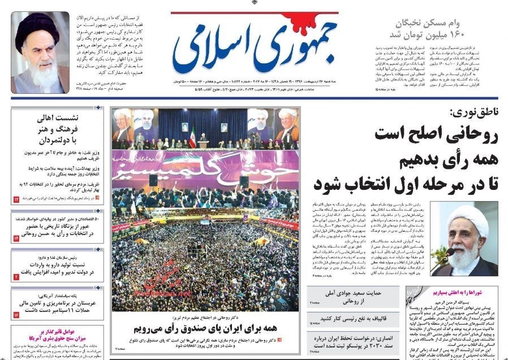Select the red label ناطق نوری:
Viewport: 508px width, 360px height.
click(475, 112)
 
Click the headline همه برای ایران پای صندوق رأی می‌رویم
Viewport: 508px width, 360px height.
click(205, 328)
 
